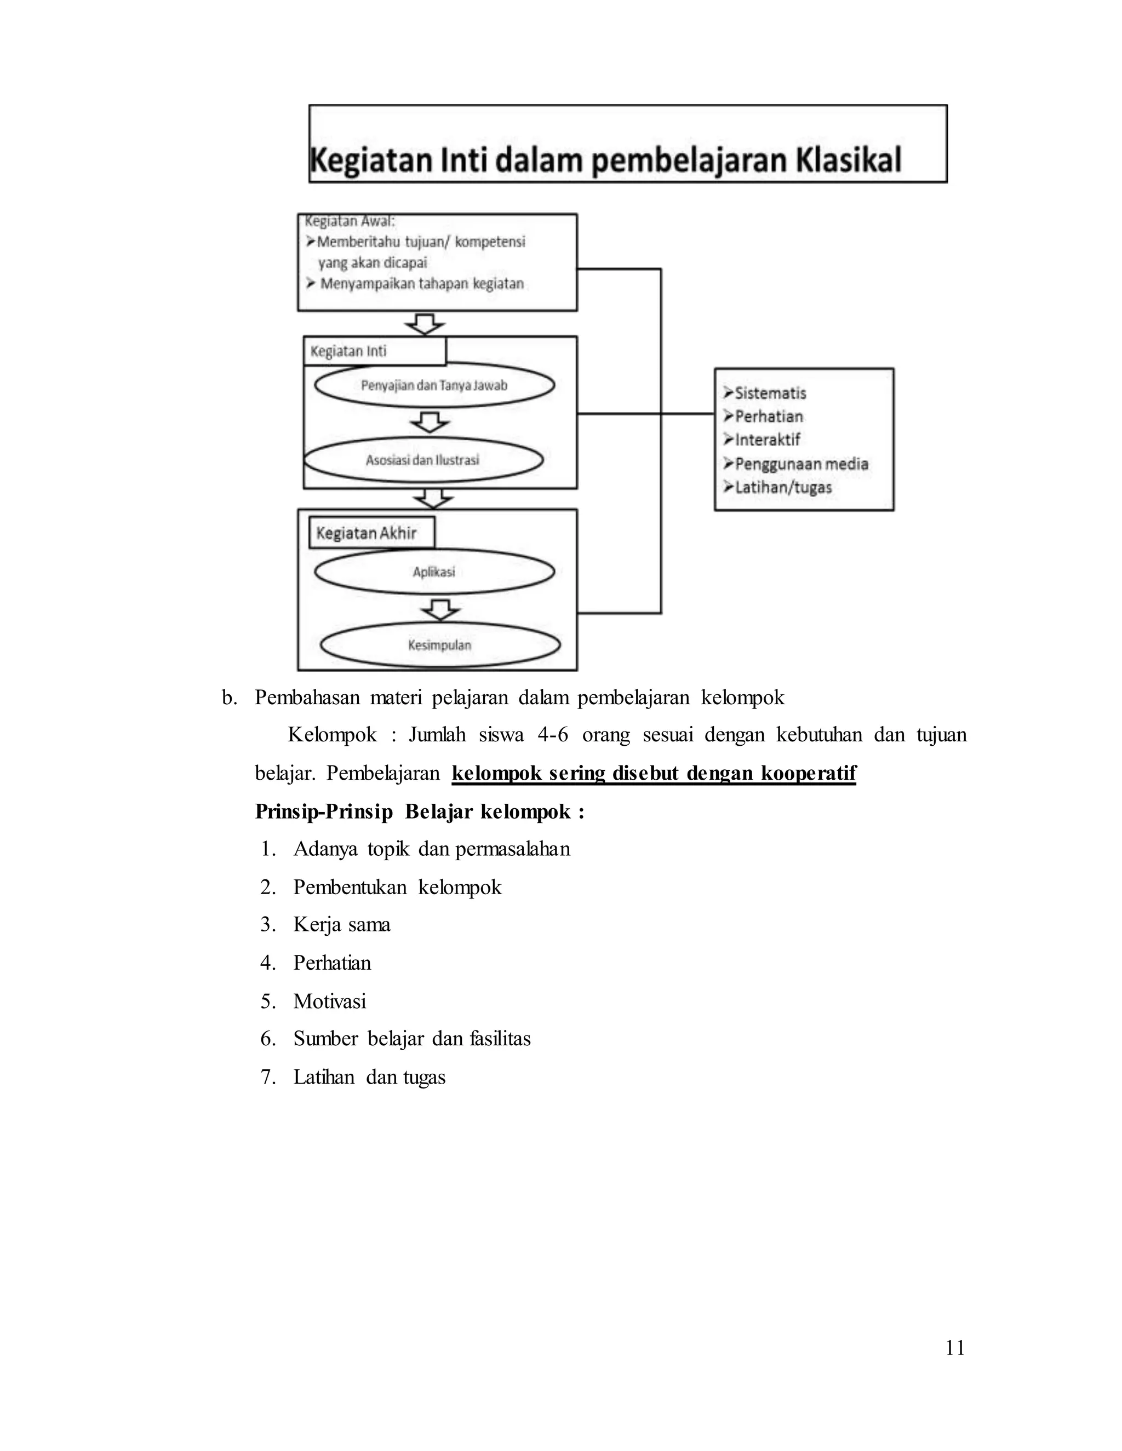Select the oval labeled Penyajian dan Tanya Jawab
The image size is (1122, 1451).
[434, 385]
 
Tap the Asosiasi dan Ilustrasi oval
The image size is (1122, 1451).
[423, 460]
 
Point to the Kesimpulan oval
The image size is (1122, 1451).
[439, 645]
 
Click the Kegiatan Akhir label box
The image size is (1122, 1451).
[371, 533]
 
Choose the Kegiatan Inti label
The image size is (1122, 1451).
[374, 351]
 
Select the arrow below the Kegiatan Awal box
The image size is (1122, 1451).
[425, 324]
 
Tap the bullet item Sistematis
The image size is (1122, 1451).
[770, 393]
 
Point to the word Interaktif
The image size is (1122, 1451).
[767, 440]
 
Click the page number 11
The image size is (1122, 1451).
[954, 1348]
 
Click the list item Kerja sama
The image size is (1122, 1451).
[342, 925]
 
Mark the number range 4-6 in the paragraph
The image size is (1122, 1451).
[552, 735]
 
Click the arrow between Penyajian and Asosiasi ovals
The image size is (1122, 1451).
[430, 421]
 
